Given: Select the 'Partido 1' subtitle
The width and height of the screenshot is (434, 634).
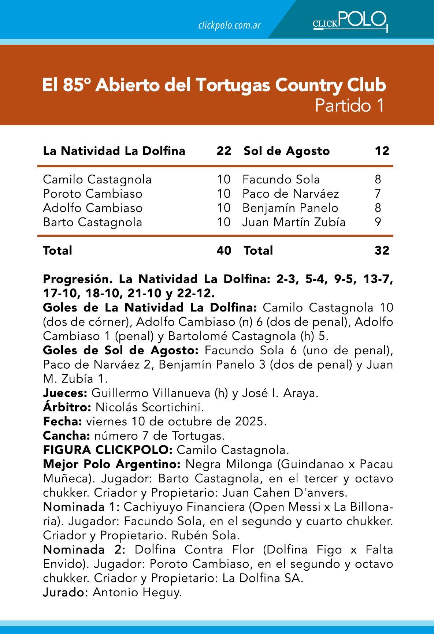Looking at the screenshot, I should point(349,106).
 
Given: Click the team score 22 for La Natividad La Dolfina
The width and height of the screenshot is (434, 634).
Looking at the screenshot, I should point(224,151).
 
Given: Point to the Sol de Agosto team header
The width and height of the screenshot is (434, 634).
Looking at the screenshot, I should point(287,151).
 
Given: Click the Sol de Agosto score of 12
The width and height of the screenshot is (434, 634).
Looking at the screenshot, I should point(382,151).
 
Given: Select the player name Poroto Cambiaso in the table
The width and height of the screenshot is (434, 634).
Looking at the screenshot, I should point(92,194).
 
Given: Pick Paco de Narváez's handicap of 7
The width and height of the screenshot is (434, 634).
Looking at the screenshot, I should point(378,194).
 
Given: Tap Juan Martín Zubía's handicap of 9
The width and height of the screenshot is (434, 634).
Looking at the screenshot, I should point(378,222).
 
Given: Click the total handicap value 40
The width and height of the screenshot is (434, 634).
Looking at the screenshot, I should point(224,250).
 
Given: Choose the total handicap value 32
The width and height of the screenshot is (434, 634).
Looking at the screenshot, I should point(382,250).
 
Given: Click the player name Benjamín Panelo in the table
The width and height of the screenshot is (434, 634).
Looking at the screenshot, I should point(290,208).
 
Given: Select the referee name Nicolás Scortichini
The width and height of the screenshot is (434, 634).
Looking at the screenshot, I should point(149,407).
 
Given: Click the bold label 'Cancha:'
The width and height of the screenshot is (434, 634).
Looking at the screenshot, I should point(66,436).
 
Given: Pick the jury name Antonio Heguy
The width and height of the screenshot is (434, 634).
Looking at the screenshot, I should point(137,593).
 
